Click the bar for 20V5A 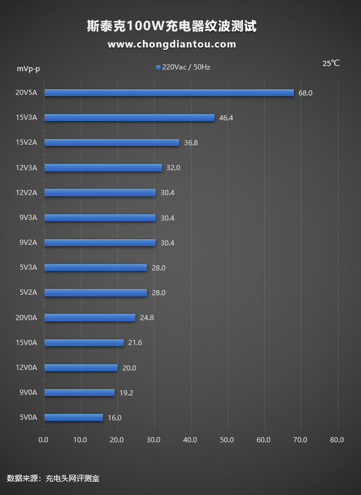tap(169, 93)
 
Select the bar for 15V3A tap(130, 118)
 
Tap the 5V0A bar tap(73, 417)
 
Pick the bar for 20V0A tap(90, 317)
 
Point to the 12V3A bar tap(103, 167)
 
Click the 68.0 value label tap(305, 93)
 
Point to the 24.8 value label tap(147, 317)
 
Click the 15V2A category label tap(26, 142)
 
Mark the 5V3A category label tap(28, 267)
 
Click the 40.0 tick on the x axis tap(190, 440)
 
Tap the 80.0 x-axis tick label tap(337, 440)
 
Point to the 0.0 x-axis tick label tap(44, 440)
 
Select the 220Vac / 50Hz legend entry tap(183, 67)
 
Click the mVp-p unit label tap(28, 69)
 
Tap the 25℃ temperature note tap(331, 63)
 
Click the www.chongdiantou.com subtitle tap(172, 44)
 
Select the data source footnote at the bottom tap(53, 478)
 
